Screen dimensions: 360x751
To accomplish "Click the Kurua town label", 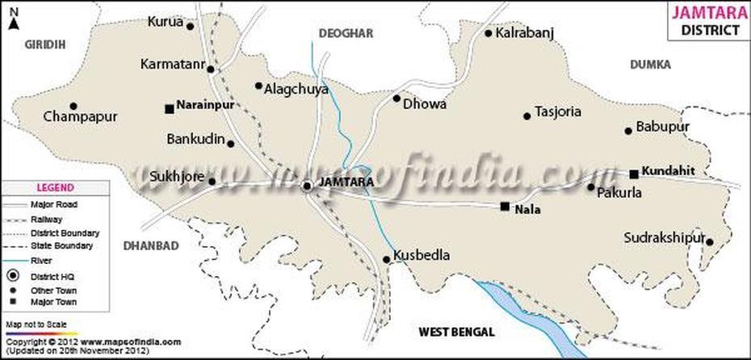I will (x=165, y=23).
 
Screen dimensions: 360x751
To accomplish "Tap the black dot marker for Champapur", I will (x=73, y=106).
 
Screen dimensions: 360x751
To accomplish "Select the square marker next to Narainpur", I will (x=169, y=108).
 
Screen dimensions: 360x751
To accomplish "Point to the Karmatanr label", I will (x=171, y=63).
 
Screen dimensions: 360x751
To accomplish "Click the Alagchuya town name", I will (x=296, y=90).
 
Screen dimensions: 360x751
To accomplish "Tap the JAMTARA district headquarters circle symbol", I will (x=308, y=186).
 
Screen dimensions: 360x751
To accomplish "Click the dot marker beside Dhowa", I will (x=396, y=98).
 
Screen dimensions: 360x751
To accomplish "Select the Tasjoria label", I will (x=558, y=112).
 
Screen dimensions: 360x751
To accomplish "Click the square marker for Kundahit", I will (x=634, y=173).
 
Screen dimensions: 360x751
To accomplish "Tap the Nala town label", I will (x=529, y=208).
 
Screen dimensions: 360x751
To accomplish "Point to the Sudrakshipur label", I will (x=664, y=237).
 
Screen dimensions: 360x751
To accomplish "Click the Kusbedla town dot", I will (x=387, y=260).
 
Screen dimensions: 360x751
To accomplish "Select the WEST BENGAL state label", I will (x=456, y=332).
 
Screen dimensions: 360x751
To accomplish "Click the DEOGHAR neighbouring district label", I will (x=346, y=33).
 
